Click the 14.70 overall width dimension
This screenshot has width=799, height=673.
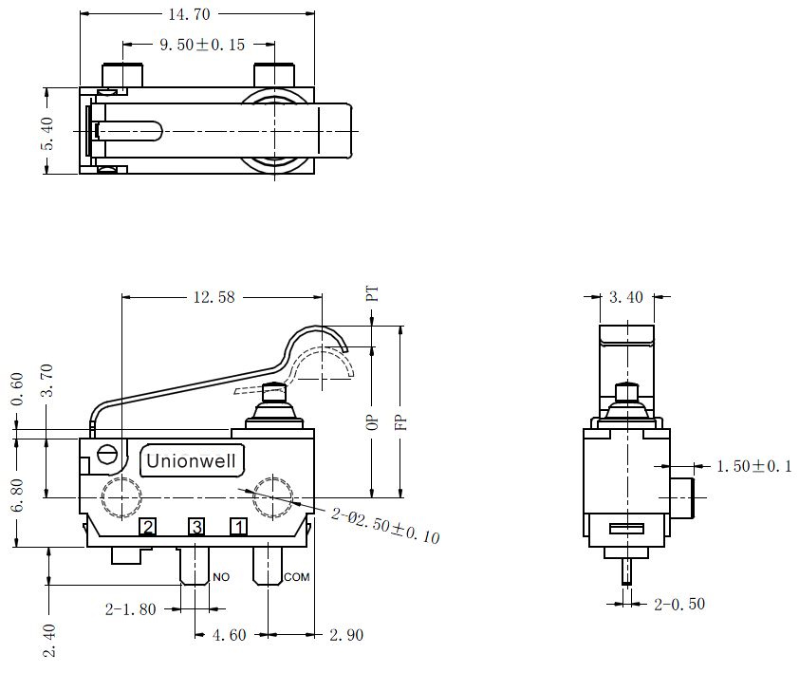click(x=189, y=14)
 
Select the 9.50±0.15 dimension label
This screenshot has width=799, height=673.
click(x=202, y=45)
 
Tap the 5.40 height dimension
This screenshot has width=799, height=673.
click(x=46, y=134)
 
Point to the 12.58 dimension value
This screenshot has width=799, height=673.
click(x=214, y=297)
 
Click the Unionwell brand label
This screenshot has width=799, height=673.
click(x=191, y=461)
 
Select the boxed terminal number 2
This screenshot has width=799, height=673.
click(x=148, y=527)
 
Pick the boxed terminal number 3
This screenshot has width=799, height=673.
click(x=196, y=527)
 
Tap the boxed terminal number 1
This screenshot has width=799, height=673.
click(x=238, y=527)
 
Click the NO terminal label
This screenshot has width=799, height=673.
click(x=221, y=577)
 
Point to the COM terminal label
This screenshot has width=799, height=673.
click(x=297, y=577)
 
